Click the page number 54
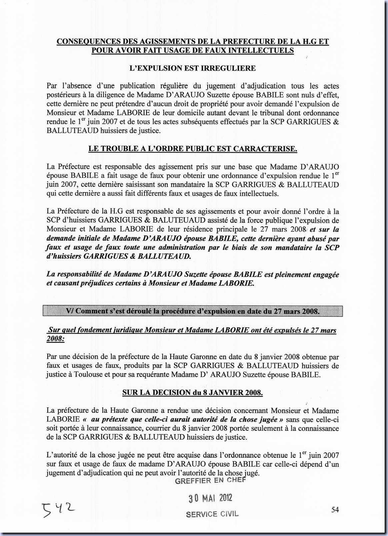pyautogui.click(x=335, y=510)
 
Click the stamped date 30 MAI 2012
pyautogui.click(x=210, y=498)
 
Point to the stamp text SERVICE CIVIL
pyautogui.click(x=212, y=514)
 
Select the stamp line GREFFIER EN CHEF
pyautogui.click(x=210, y=480)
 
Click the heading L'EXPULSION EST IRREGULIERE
pyautogui.click(x=193, y=68)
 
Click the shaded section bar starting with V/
pyautogui.click(x=193, y=311)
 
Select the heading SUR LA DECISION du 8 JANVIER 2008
pyautogui.click(x=192, y=393)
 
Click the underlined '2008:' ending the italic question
pyautogui.click(x=55, y=339)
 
